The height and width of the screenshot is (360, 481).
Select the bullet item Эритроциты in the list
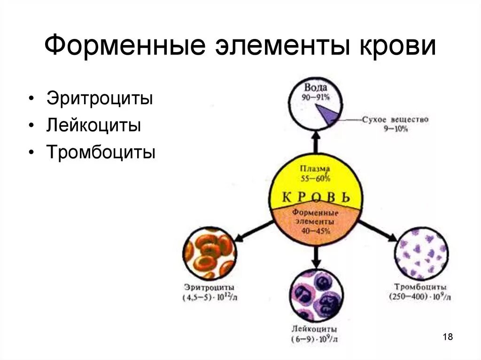[x=100, y=99]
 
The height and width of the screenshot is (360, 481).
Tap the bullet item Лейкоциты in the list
[x=93, y=126]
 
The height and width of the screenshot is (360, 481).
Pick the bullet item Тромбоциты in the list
[x=101, y=153]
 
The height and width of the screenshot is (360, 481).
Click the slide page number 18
[x=448, y=337]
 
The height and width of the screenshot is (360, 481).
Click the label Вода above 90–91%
[x=315, y=87]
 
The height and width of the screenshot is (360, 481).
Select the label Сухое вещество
[x=396, y=120]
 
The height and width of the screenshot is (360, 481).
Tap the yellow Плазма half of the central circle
[x=316, y=174]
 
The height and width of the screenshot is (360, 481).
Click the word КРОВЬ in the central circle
[x=316, y=197]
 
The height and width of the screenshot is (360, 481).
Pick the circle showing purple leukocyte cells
[x=316, y=295]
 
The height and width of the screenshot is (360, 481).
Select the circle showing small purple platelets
[x=421, y=253]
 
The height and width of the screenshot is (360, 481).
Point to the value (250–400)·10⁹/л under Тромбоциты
[x=420, y=297]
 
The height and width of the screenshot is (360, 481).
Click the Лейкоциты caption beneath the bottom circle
[x=314, y=329]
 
